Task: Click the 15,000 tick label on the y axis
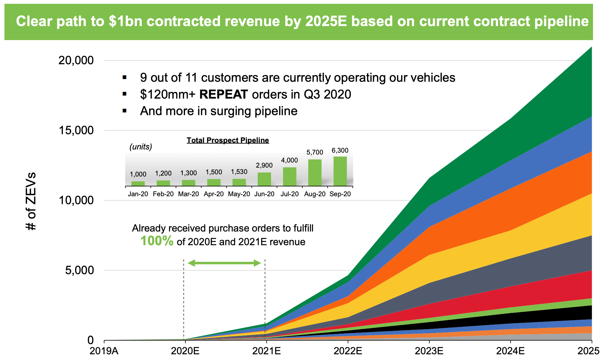click(x=76, y=130)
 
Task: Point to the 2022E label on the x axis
click(x=348, y=351)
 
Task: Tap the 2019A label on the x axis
click(x=104, y=351)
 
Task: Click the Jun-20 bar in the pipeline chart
click(x=264, y=179)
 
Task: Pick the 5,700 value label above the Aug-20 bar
click(x=315, y=152)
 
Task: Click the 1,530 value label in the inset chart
click(x=239, y=172)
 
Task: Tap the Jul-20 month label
click(x=290, y=194)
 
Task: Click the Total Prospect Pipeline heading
click(x=228, y=140)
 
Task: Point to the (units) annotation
click(x=140, y=147)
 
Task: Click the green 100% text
click(x=157, y=241)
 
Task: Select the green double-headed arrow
click(x=224, y=263)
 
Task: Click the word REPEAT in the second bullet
click(x=223, y=94)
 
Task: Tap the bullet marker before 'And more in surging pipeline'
click(x=125, y=111)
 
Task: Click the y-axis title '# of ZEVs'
click(x=31, y=201)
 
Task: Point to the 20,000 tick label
click(x=76, y=60)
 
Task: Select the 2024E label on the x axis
click(x=510, y=351)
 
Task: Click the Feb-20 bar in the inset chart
click(x=163, y=183)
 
